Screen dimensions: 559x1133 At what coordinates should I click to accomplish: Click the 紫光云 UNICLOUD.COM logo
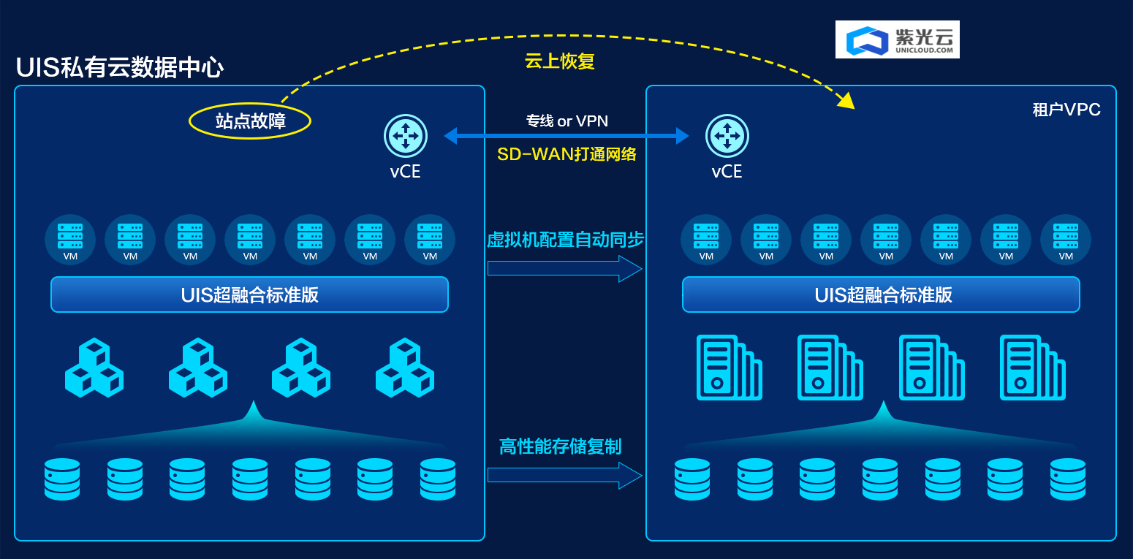tap(897, 39)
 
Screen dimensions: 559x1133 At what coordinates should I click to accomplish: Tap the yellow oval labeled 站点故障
tap(250, 121)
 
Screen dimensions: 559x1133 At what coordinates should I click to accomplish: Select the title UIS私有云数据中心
tap(120, 68)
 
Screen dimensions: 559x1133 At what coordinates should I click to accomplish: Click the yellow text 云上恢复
tap(560, 61)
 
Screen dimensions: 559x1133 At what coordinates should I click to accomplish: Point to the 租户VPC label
tap(1066, 110)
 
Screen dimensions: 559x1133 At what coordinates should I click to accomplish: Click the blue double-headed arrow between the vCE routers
tap(566, 136)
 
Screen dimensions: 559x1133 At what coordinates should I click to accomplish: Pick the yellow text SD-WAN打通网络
tap(566, 154)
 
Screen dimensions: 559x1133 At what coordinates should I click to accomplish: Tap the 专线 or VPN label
tap(566, 121)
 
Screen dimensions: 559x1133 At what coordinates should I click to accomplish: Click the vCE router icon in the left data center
tap(405, 136)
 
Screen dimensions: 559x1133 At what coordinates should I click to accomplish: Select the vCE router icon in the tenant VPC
tap(727, 136)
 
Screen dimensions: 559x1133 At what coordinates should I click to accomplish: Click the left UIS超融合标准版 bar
tap(249, 294)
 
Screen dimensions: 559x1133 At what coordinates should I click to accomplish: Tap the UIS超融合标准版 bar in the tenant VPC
tap(881, 294)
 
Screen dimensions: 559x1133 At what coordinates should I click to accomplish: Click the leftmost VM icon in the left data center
tap(70, 239)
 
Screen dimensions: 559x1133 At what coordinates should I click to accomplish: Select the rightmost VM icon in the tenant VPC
tap(1066, 239)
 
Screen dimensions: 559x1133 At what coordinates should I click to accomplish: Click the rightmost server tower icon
tap(1031, 368)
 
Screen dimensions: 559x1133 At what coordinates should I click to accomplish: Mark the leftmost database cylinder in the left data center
tap(62, 479)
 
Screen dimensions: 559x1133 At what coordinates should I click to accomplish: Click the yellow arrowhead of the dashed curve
tap(846, 100)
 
